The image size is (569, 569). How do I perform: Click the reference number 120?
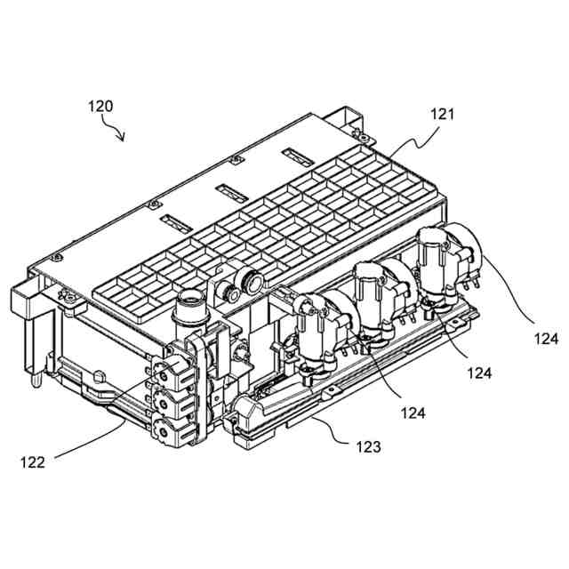click(100, 106)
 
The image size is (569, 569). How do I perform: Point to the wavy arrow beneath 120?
click(116, 132)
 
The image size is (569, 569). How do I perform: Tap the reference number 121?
click(441, 115)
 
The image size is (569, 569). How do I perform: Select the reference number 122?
click(32, 461)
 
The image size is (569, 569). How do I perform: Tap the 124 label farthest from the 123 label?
click(546, 338)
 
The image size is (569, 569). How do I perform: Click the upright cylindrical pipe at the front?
click(189, 312)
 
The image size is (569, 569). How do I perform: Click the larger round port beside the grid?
click(252, 282)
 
